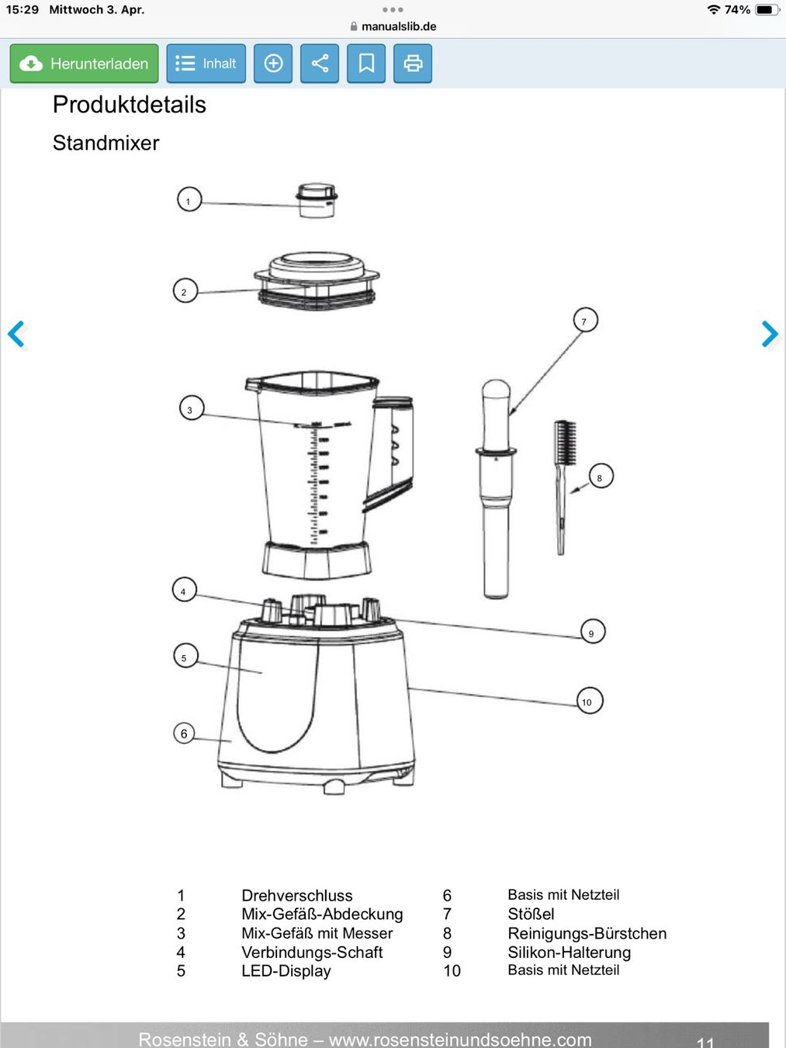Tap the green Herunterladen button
tap(84, 64)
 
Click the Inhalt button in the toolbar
tap(206, 64)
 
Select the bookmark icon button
tap(366, 64)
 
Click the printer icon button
tap(413, 64)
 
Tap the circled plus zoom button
tap(273, 64)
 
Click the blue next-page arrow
tap(770, 334)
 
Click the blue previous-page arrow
tap(16, 334)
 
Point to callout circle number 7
tap(585, 321)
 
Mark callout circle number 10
tap(590, 701)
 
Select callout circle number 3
tap(192, 408)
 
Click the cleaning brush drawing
tap(564, 487)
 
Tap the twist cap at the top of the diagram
tap(317, 200)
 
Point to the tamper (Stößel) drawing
tap(496, 488)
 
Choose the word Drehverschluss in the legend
tap(297, 895)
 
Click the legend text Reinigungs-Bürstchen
tap(587, 933)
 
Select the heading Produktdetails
tap(130, 105)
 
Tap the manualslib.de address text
tap(399, 26)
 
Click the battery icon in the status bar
tap(767, 9)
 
